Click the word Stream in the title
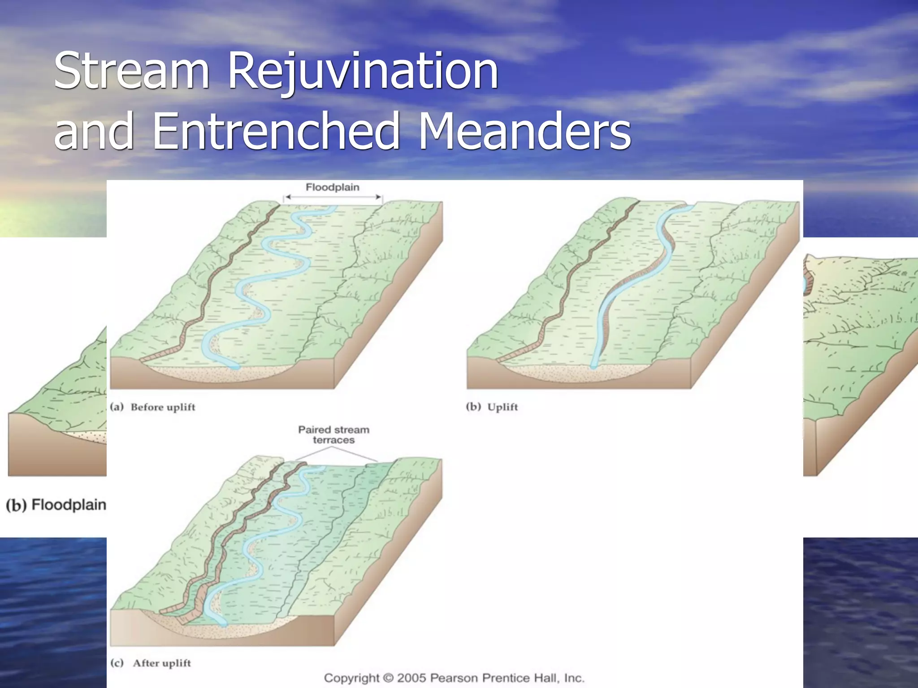(131, 71)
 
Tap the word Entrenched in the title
(276, 131)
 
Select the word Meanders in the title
(524, 131)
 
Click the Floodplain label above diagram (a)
(333, 187)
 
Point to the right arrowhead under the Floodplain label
(379, 197)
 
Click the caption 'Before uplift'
(163, 407)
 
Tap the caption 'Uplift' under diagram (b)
(502, 407)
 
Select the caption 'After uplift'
(162, 663)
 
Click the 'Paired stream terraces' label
(333, 435)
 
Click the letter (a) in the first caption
(117, 407)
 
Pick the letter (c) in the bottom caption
(117, 663)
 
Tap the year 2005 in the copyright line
(412, 678)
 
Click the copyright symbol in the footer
(388, 678)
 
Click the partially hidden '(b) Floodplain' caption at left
(56, 505)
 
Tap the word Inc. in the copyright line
(574, 678)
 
